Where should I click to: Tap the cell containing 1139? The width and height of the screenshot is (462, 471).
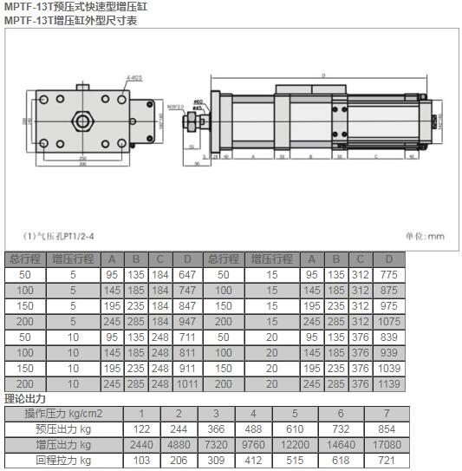click(389, 383)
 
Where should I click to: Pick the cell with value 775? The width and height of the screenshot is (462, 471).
click(389, 275)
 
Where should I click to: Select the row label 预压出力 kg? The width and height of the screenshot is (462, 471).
click(63, 429)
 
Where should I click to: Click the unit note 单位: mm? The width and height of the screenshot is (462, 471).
click(424, 235)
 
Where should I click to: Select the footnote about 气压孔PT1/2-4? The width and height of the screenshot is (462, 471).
click(58, 235)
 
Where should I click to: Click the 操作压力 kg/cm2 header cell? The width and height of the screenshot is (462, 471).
click(63, 414)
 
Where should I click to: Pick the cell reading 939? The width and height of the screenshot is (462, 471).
click(389, 353)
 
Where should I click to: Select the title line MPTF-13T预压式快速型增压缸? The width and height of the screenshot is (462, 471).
click(77, 7)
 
